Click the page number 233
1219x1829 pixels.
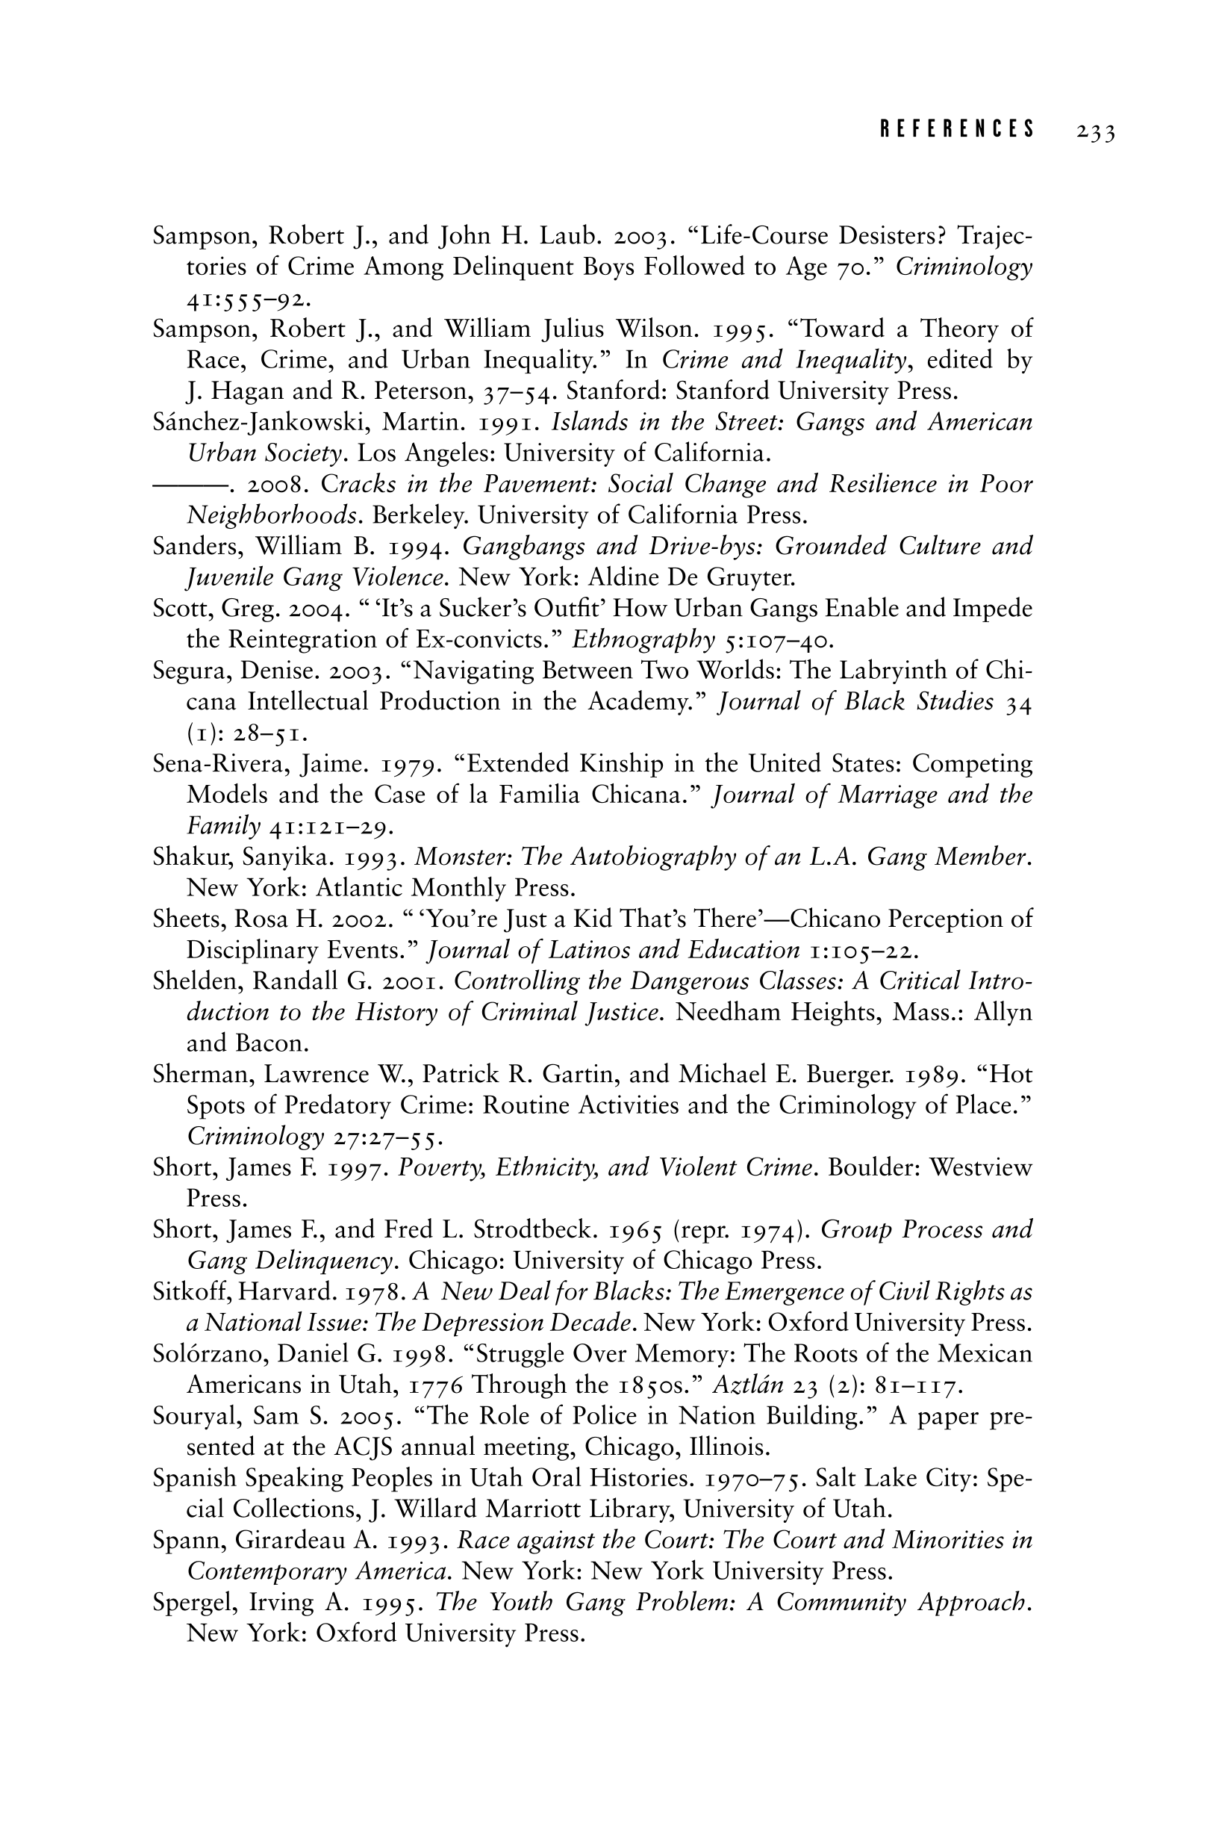pyautogui.click(x=1096, y=132)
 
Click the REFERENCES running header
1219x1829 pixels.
pyautogui.click(x=958, y=129)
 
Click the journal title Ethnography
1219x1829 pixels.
pyautogui.click(x=643, y=640)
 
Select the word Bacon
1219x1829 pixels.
pyautogui.click(x=266, y=1043)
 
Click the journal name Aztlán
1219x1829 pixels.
pyautogui.click(x=746, y=1385)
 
